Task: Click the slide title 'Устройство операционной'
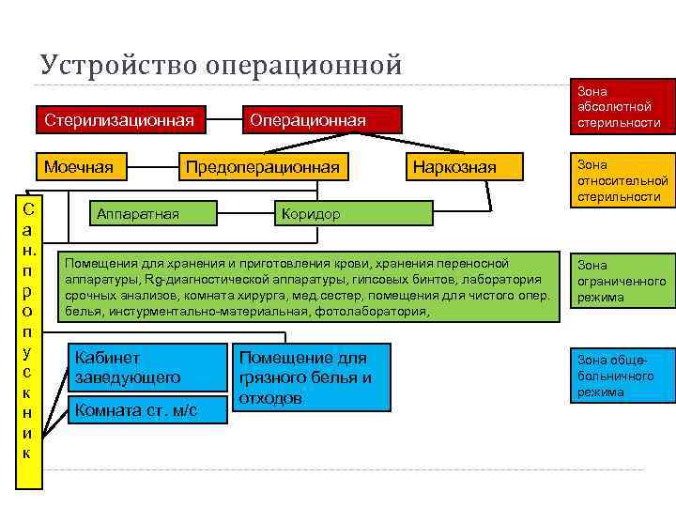[221, 65]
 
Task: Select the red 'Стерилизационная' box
[120, 119]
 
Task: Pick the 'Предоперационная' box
[262, 167]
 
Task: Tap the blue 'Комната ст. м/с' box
[148, 409]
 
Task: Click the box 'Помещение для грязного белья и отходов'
[311, 377]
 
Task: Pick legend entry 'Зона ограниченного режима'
[621, 281]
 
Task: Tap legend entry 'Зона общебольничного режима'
[621, 375]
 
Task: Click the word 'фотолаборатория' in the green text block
[379, 310]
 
